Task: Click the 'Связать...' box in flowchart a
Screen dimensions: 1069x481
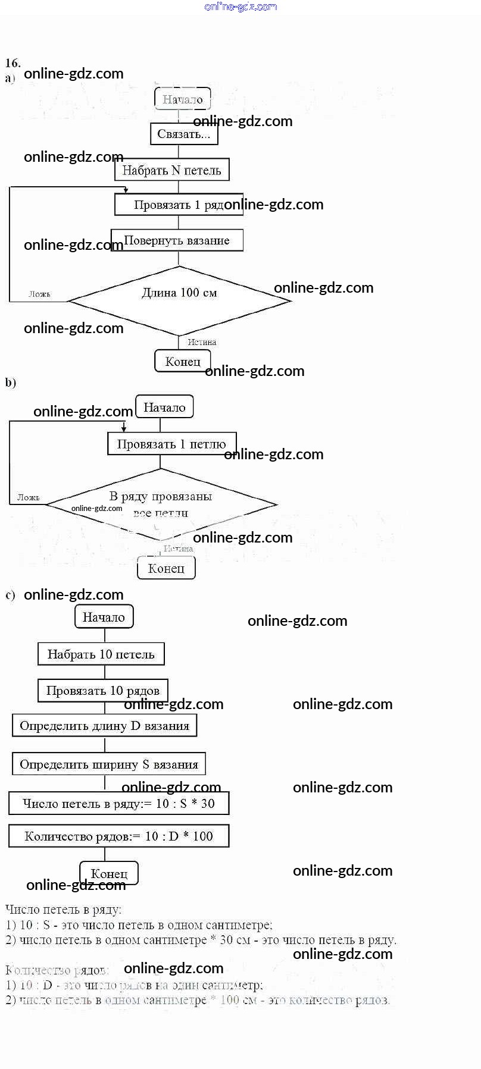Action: (184, 134)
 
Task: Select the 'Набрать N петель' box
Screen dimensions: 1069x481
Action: (171, 170)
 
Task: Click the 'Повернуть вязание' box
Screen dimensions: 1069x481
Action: (177, 240)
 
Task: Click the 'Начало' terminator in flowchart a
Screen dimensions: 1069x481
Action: (183, 99)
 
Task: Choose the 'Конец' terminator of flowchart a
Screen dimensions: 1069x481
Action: (183, 361)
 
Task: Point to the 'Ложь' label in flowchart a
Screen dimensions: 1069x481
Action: (40, 294)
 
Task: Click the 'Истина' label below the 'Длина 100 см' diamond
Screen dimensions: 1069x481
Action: (202, 342)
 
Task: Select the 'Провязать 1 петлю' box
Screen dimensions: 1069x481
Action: (171, 444)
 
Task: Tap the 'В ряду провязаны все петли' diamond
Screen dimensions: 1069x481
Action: (161, 504)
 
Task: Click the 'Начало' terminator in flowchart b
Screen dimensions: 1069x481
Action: (164, 407)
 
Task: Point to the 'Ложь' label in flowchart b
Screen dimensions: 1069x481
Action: (29, 497)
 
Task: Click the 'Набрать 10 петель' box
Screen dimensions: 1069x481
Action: (101, 654)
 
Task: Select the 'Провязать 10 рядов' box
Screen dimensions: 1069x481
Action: (103, 691)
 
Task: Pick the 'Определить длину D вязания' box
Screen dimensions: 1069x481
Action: (104, 726)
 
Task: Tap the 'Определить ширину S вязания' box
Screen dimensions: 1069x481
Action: (109, 764)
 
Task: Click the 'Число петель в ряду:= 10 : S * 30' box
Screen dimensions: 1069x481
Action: (118, 803)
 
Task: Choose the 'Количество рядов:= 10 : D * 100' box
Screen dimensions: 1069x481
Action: (118, 836)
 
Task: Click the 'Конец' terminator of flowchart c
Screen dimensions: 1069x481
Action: (109, 873)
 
